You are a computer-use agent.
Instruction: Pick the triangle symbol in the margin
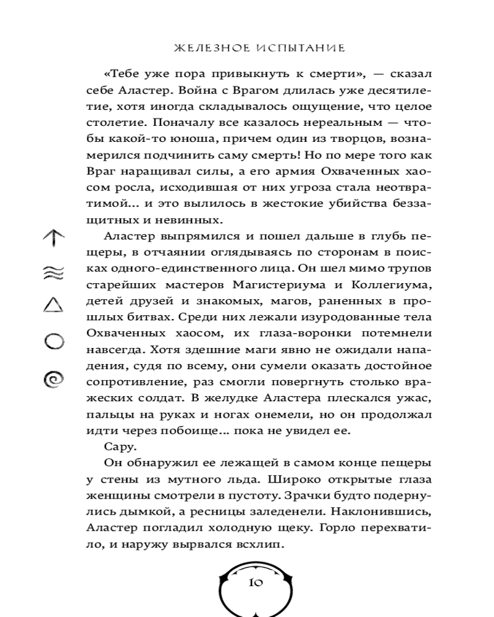[x=54, y=305]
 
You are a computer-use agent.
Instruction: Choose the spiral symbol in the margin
[x=54, y=378]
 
